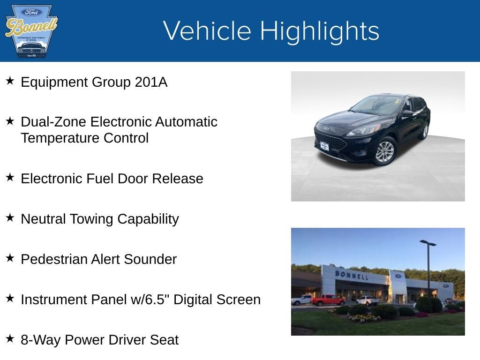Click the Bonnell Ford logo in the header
(x=31, y=31)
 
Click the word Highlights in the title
(x=319, y=31)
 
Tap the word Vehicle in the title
(x=207, y=31)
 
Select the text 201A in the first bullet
(x=150, y=82)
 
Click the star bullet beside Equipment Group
(x=10, y=81)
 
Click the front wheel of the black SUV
(x=385, y=151)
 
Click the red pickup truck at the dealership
(x=328, y=300)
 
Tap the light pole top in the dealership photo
(x=427, y=243)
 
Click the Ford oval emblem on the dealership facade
(x=398, y=276)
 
